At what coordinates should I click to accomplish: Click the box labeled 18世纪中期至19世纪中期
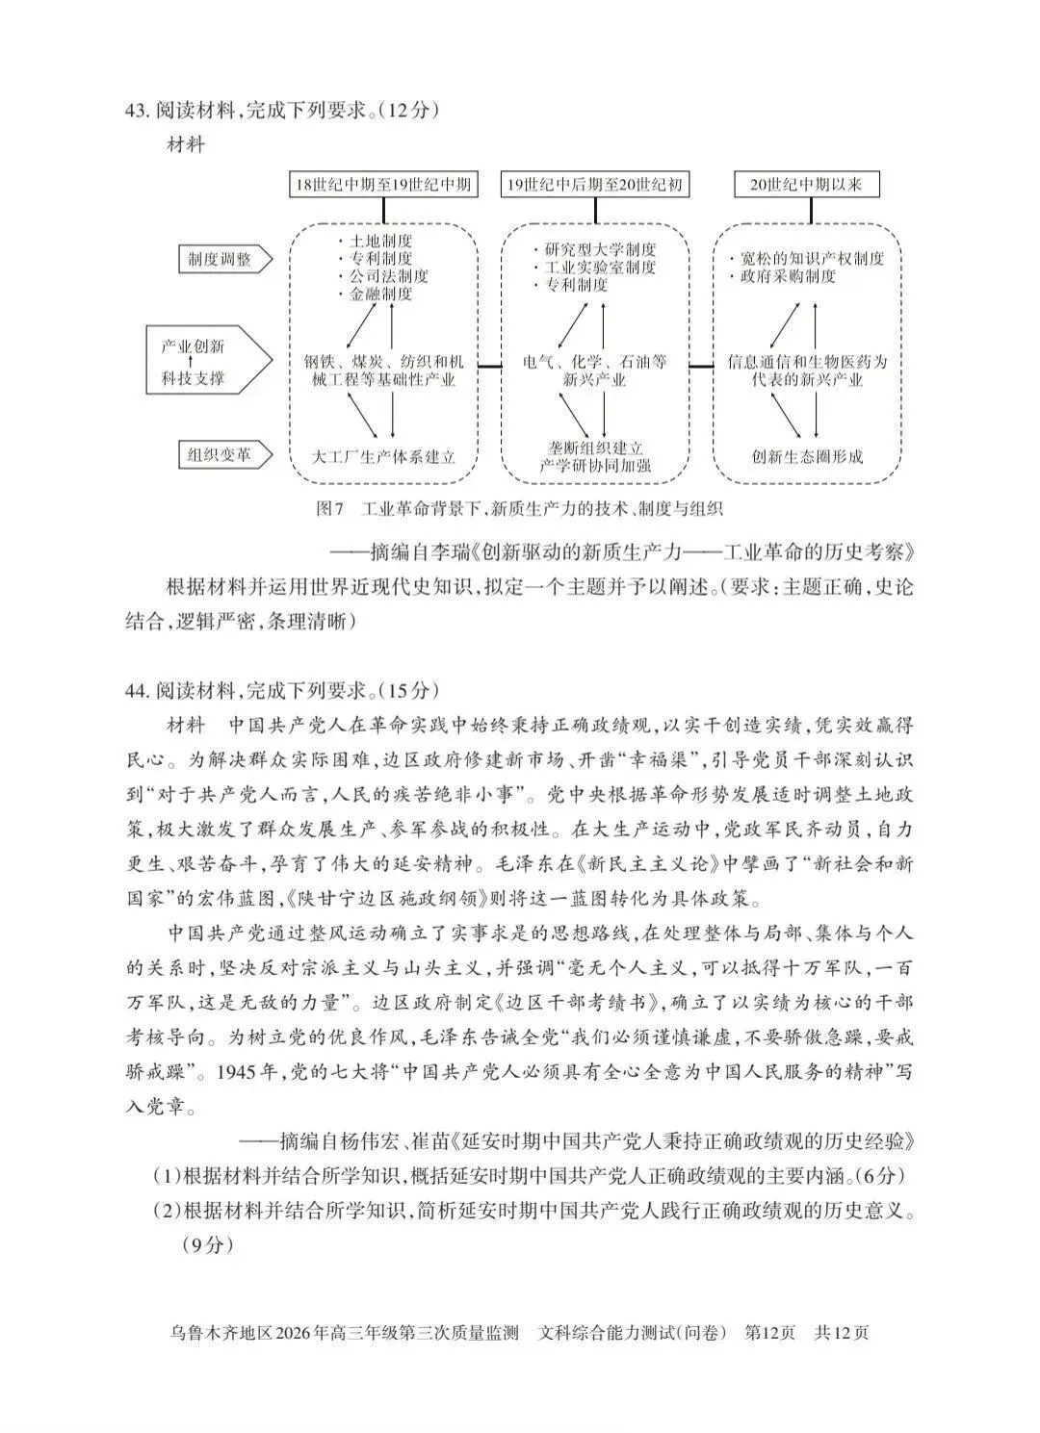(383, 185)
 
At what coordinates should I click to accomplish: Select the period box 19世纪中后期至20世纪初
(594, 185)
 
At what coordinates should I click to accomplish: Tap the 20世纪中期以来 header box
(806, 185)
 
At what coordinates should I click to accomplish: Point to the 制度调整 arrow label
(221, 259)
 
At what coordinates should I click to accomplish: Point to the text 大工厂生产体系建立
(384, 456)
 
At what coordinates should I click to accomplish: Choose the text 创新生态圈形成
(807, 456)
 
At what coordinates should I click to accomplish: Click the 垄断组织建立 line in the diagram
(595, 448)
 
